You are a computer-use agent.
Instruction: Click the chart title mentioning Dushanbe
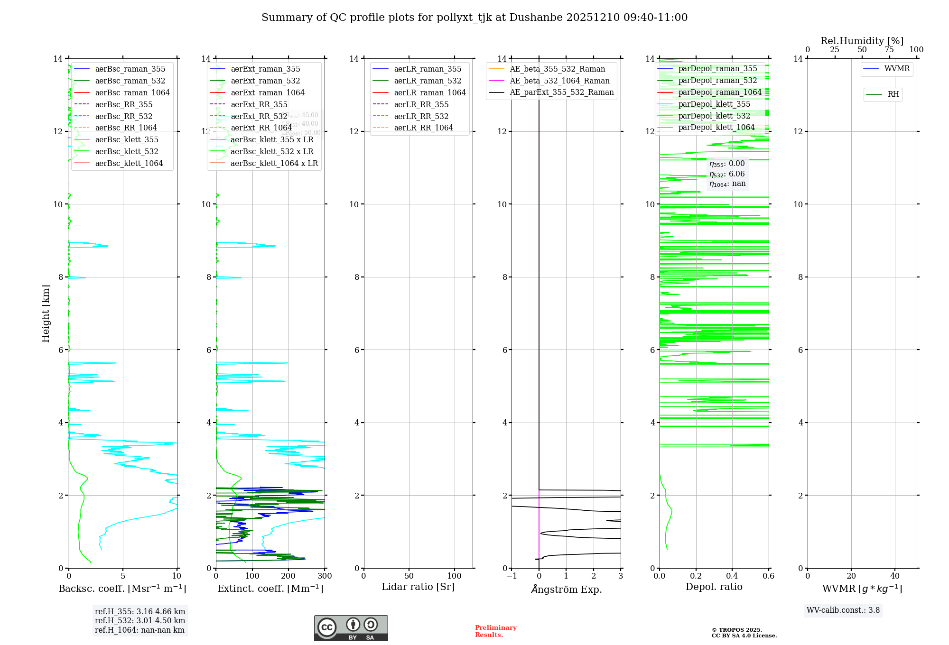pos(474,18)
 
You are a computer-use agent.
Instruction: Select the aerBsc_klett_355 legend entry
pos(127,139)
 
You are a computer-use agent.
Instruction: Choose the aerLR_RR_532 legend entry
pos(421,116)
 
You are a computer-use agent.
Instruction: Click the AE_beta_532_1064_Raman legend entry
pos(559,81)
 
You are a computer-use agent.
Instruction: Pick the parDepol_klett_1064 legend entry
pos(716,127)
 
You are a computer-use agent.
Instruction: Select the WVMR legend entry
pos(897,69)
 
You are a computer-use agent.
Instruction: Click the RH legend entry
pos(893,94)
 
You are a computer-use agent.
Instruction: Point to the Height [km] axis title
pos(46,313)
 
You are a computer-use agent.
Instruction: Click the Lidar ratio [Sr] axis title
pos(418,587)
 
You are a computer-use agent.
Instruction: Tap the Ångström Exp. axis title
pos(566,589)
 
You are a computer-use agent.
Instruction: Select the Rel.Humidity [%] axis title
pos(862,41)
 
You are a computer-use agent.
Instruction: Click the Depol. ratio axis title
pos(714,587)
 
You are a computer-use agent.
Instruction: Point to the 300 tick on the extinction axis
pos(325,576)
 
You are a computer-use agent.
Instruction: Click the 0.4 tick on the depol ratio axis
pos(732,576)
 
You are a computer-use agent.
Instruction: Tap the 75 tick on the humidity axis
pos(889,50)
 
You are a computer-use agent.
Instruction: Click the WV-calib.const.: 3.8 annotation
pos(843,610)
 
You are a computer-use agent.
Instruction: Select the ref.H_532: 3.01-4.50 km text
pos(140,620)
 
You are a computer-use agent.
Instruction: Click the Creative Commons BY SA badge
pos(351,628)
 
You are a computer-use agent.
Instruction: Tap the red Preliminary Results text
pos(495,631)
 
